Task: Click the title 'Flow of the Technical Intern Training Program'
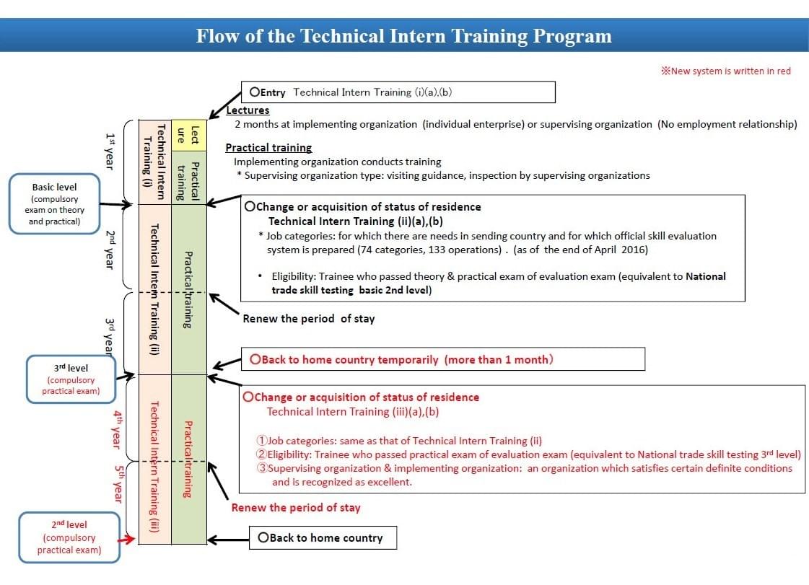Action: tap(403, 36)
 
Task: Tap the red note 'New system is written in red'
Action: tap(726, 71)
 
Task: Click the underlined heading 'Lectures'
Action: tap(248, 110)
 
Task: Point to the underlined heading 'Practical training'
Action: tap(268, 147)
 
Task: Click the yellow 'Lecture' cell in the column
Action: tap(188, 135)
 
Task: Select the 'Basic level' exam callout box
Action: tap(54, 203)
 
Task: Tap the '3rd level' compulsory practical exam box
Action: tap(71, 379)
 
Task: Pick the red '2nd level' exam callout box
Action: tap(69, 537)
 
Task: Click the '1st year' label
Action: tap(110, 151)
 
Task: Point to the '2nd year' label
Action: tap(110, 250)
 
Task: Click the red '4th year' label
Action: tap(116, 428)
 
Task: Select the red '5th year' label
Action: tap(116, 484)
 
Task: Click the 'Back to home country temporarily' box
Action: tap(442, 359)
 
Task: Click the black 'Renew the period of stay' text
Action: tap(308, 318)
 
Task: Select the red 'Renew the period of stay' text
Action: tap(295, 507)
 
